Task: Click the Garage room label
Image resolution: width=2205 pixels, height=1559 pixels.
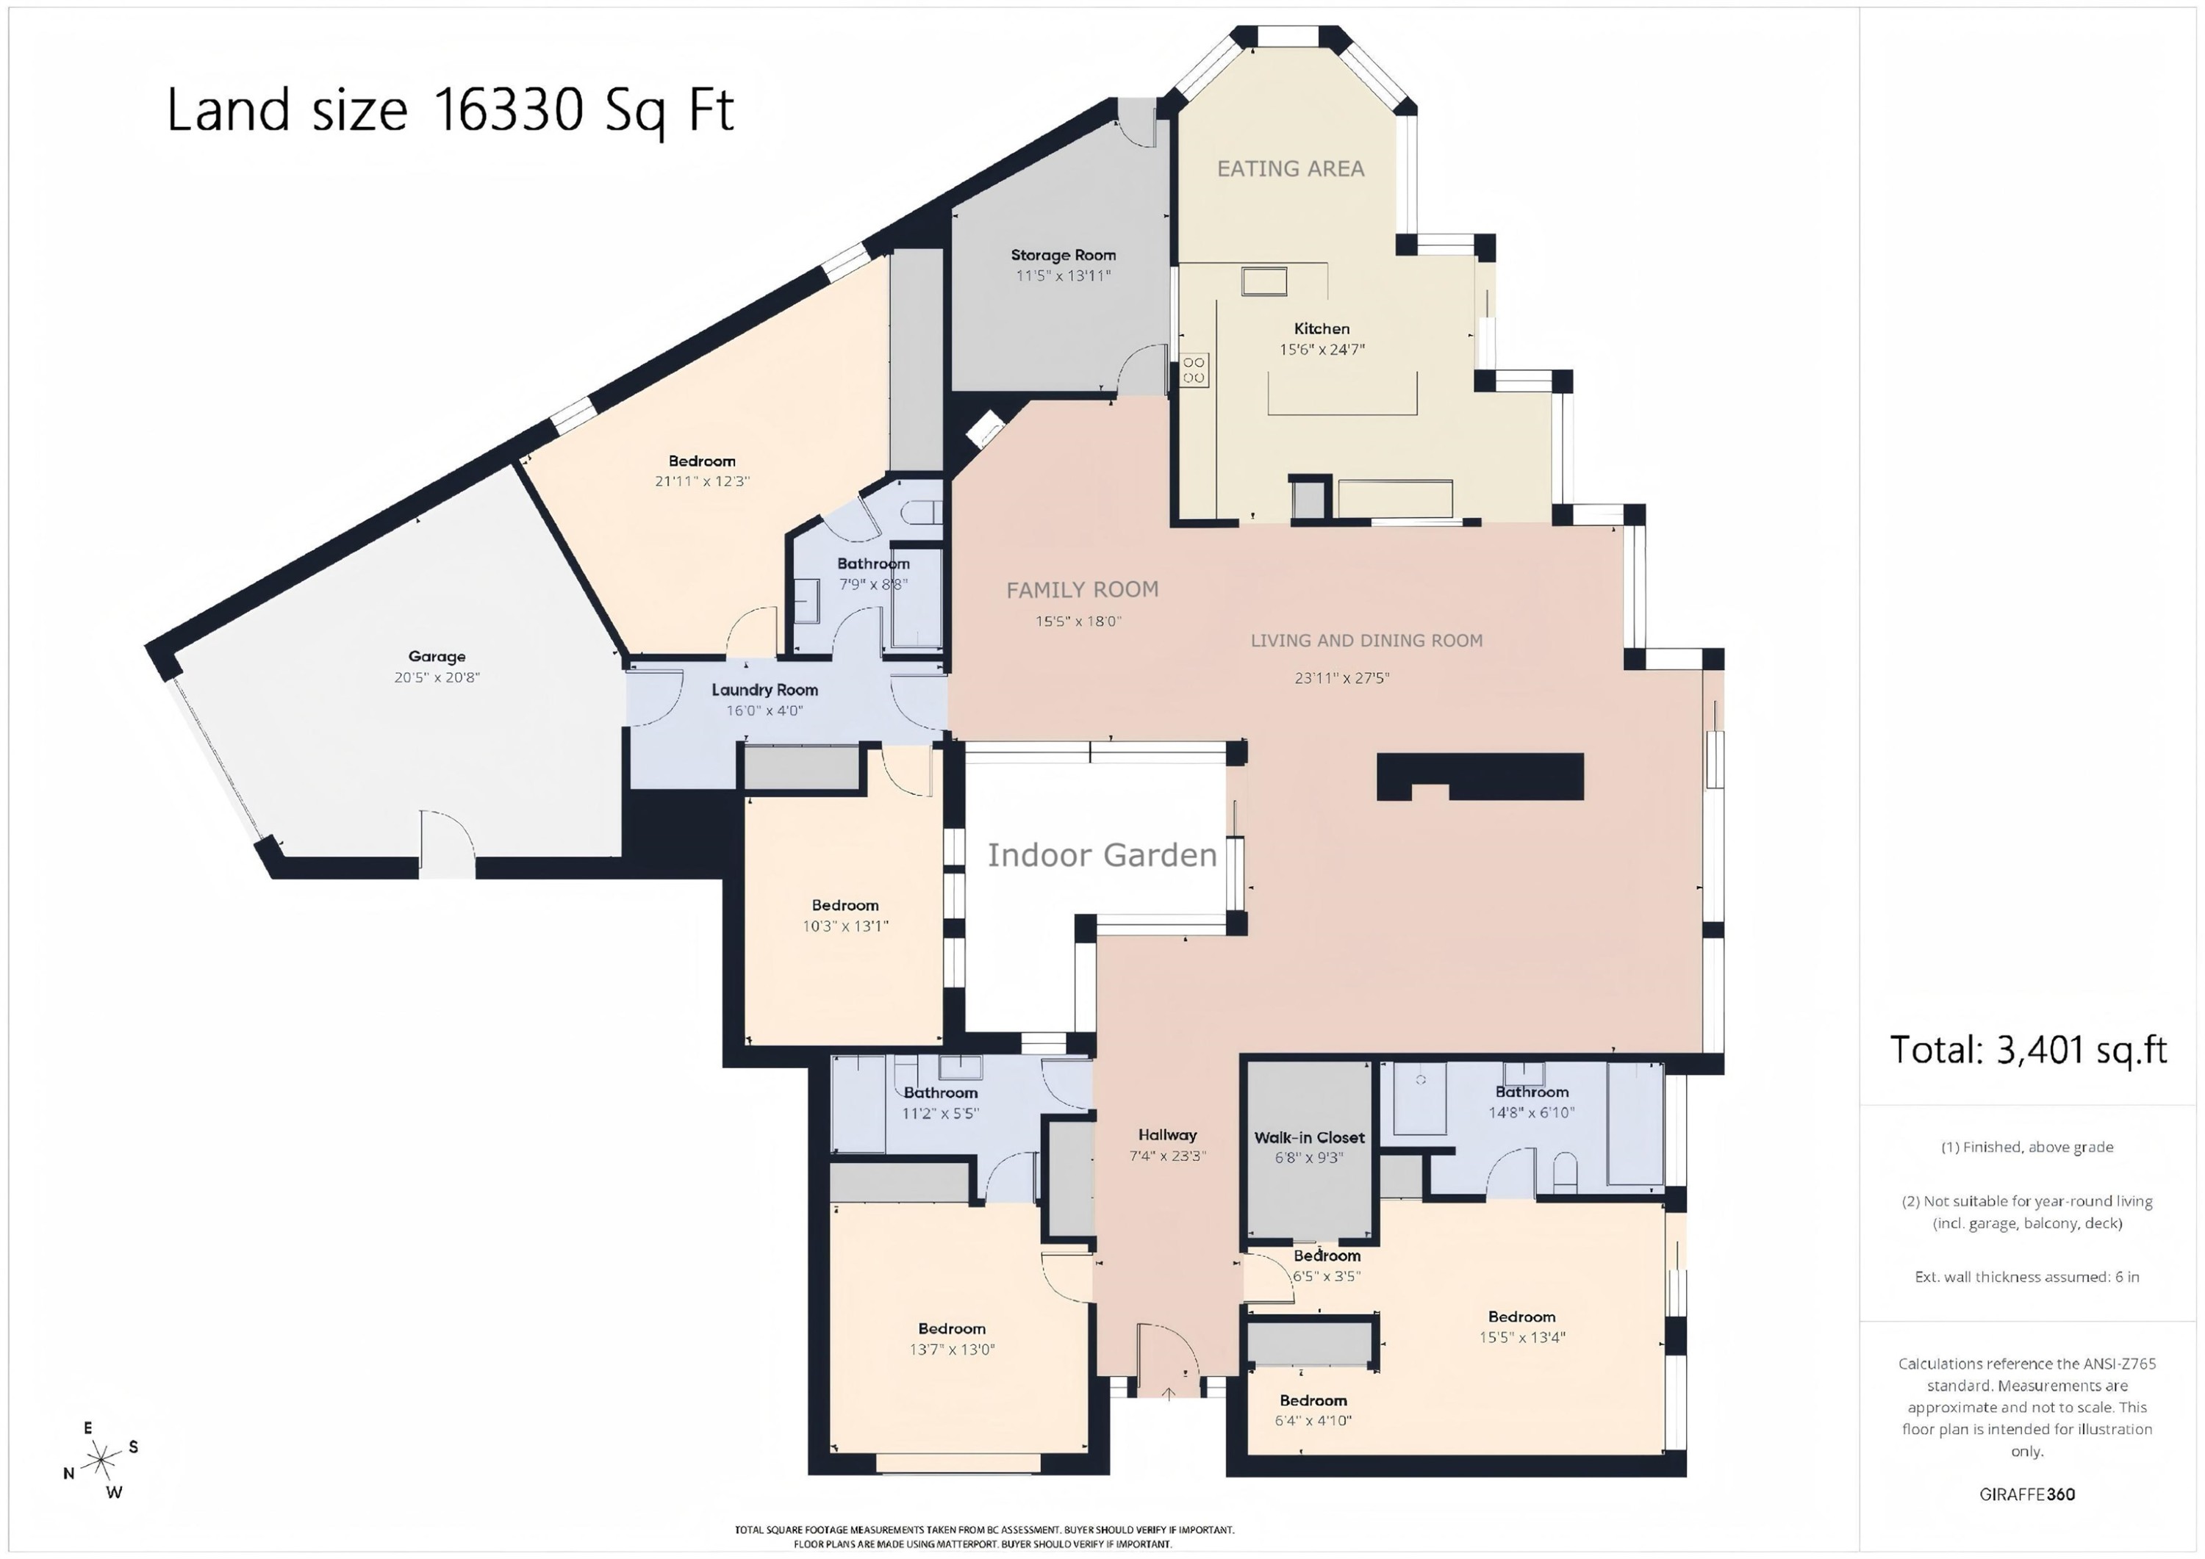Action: click(x=437, y=657)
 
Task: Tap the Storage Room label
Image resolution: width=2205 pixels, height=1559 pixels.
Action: click(x=1063, y=256)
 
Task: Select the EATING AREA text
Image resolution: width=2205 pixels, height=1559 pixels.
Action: click(x=1290, y=169)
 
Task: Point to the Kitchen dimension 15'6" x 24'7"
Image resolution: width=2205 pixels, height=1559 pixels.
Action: click(x=1322, y=350)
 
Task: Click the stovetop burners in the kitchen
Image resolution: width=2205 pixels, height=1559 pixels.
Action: click(x=1194, y=370)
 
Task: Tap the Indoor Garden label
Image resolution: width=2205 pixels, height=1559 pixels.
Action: click(x=1102, y=854)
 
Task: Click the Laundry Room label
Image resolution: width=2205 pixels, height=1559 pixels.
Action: click(x=764, y=689)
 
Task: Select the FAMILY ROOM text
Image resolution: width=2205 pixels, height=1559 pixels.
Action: click(x=1083, y=589)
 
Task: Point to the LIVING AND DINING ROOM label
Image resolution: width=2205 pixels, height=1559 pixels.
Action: click(x=1366, y=641)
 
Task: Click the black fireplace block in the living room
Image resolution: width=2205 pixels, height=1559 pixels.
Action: click(x=1480, y=777)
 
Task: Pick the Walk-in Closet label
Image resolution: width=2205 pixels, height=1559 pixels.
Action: click(x=1309, y=1137)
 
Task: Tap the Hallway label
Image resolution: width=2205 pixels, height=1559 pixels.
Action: click(x=1167, y=1134)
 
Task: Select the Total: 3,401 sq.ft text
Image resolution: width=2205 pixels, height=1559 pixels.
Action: click(x=2029, y=1049)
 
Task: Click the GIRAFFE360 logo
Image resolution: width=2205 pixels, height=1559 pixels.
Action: click(x=2027, y=1494)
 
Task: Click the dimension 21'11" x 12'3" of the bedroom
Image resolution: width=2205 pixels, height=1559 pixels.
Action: click(x=702, y=481)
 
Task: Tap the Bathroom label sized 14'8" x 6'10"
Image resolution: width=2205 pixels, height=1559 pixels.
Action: click(x=1532, y=1092)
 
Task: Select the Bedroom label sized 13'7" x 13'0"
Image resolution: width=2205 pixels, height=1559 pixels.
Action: click(x=952, y=1328)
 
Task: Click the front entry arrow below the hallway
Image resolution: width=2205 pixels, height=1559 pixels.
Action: click(x=1168, y=1394)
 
